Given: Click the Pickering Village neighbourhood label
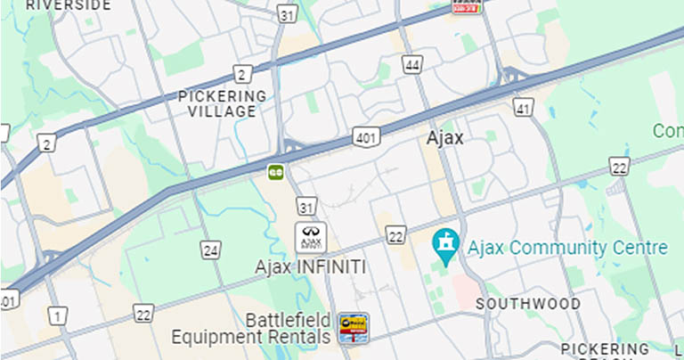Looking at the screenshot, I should tap(222, 103).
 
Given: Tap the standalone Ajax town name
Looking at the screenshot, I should tap(445, 138).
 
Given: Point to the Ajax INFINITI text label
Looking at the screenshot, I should tap(310, 266).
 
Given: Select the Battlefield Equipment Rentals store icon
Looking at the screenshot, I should tap(353, 328).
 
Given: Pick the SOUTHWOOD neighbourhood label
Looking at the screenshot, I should tap(528, 304).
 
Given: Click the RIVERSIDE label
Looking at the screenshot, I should tap(69, 5).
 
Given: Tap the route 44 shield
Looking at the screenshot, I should tap(411, 65).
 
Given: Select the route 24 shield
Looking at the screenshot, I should tap(210, 250).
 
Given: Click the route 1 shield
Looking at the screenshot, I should tap(58, 315).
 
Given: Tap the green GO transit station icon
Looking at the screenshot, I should tap(276, 170).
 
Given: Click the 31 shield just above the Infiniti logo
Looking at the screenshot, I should tap(306, 208).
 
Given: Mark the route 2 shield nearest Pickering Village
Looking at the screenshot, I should tap(241, 74).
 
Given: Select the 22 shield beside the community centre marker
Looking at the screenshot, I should tap(395, 235).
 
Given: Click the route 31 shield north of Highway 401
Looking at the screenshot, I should tap(285, 14).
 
